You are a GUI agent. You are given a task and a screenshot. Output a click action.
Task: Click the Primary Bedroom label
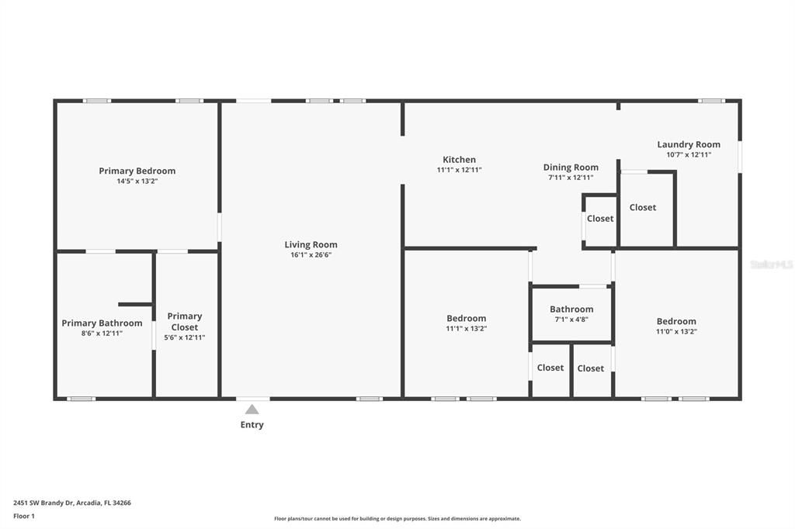click(x=137, y=171)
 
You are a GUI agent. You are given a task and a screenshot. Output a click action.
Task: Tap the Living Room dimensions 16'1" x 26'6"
click(x=311, y=254)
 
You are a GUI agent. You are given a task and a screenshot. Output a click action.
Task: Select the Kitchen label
click(x=459, y=160)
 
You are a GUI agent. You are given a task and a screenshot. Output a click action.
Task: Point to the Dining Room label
click(x=571, y=167)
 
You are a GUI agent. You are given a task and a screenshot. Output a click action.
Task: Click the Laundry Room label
click(x=688, y=144)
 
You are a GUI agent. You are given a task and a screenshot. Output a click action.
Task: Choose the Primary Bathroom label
click(x=102, y=323)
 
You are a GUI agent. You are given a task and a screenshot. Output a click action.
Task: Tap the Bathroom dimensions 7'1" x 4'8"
click(x=571, y=319)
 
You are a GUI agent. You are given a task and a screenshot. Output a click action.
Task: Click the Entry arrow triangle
click(x=252, y=409)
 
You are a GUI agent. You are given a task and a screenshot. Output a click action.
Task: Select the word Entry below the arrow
click(x=252, y=424)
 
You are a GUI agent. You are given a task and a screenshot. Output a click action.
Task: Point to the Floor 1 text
click(x=24, y=516)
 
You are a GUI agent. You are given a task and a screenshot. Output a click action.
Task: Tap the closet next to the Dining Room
click(x=600, y=219)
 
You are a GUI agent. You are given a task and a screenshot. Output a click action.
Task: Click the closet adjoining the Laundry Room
click(x=643, y=207)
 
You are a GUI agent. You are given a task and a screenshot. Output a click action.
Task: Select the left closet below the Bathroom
click(x=550, y=368)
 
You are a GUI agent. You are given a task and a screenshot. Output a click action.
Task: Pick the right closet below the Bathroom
click(x=591, y=368)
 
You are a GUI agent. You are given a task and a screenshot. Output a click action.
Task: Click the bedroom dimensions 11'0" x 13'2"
click(x=676, y=331)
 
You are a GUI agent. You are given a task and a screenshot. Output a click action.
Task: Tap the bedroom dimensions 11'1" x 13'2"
click(x=466, y=328)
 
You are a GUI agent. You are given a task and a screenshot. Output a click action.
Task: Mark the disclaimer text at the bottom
click(x=397, y=519)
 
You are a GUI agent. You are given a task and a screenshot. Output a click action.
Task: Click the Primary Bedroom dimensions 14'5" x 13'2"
click(x=137, y=181)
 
